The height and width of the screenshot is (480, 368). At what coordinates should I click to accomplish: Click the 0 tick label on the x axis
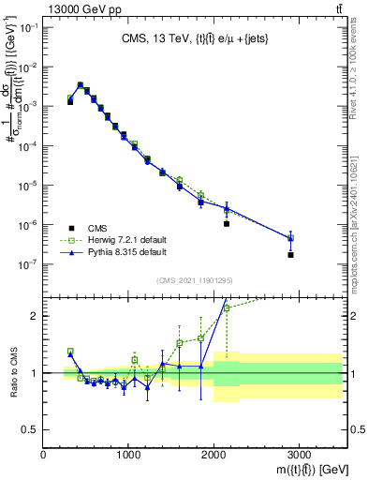44,455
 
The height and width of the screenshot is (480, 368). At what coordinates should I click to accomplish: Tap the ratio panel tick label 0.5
30,429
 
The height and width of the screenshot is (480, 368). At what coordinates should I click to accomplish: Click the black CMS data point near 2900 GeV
290,254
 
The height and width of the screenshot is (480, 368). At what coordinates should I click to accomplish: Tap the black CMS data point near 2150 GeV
227,224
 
